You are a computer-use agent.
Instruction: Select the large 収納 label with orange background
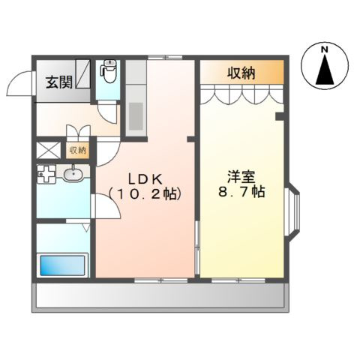(241, 73)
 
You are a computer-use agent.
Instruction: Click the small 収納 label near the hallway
(77, 150)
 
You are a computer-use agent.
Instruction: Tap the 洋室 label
(242, 177)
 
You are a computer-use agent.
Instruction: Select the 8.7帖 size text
(242, 193)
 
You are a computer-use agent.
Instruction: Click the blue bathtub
(63, 265)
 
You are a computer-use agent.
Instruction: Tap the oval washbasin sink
(73, 175)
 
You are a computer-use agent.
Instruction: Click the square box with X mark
(47, 150)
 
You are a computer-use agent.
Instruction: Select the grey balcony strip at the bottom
(159, 298)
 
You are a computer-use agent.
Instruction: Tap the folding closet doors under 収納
(241, 96)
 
